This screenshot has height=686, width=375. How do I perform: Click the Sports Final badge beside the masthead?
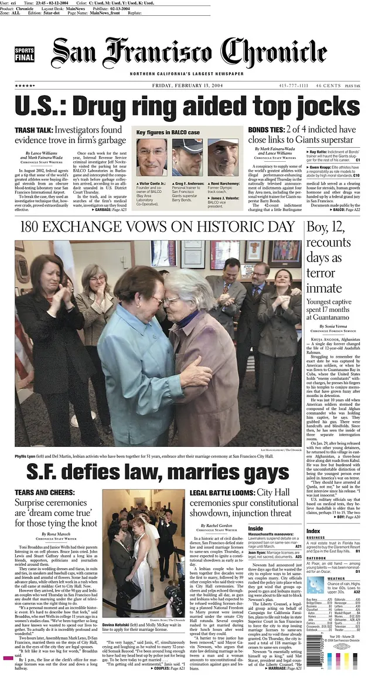(25, 55)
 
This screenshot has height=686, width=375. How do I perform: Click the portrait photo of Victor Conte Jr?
(151, 157)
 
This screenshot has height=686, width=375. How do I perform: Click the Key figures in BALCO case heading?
(168, 133)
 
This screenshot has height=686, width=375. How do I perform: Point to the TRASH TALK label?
(33, 130)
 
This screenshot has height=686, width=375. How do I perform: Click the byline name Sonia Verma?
(338, 326)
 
